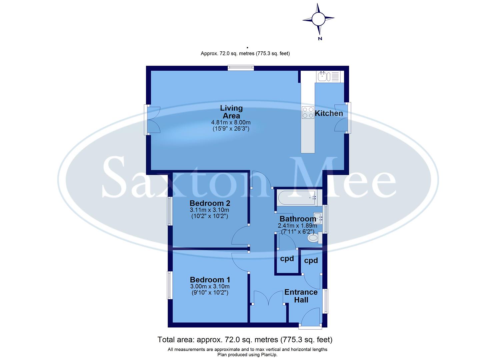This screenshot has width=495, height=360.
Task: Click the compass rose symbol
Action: (318, 19)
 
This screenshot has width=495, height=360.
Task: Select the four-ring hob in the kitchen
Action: (308, 113)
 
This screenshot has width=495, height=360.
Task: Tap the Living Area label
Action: (231, 112)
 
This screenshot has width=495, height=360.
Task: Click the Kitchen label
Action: (329, 113)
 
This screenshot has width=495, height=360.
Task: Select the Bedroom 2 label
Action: (210, 203)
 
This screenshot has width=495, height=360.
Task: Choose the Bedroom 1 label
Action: (210, 280)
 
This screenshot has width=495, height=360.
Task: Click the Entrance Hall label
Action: (301, 296)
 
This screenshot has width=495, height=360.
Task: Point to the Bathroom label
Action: (298, 219)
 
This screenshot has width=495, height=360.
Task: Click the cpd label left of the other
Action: (287, 258)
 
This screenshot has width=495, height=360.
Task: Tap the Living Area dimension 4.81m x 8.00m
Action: (231, 123)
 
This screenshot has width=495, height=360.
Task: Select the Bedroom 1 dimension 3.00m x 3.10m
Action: (210, 286)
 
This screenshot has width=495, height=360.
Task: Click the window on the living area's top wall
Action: (241, 68)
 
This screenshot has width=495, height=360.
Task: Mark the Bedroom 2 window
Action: (170, 211)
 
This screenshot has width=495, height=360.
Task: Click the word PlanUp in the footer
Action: (269, 355)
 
